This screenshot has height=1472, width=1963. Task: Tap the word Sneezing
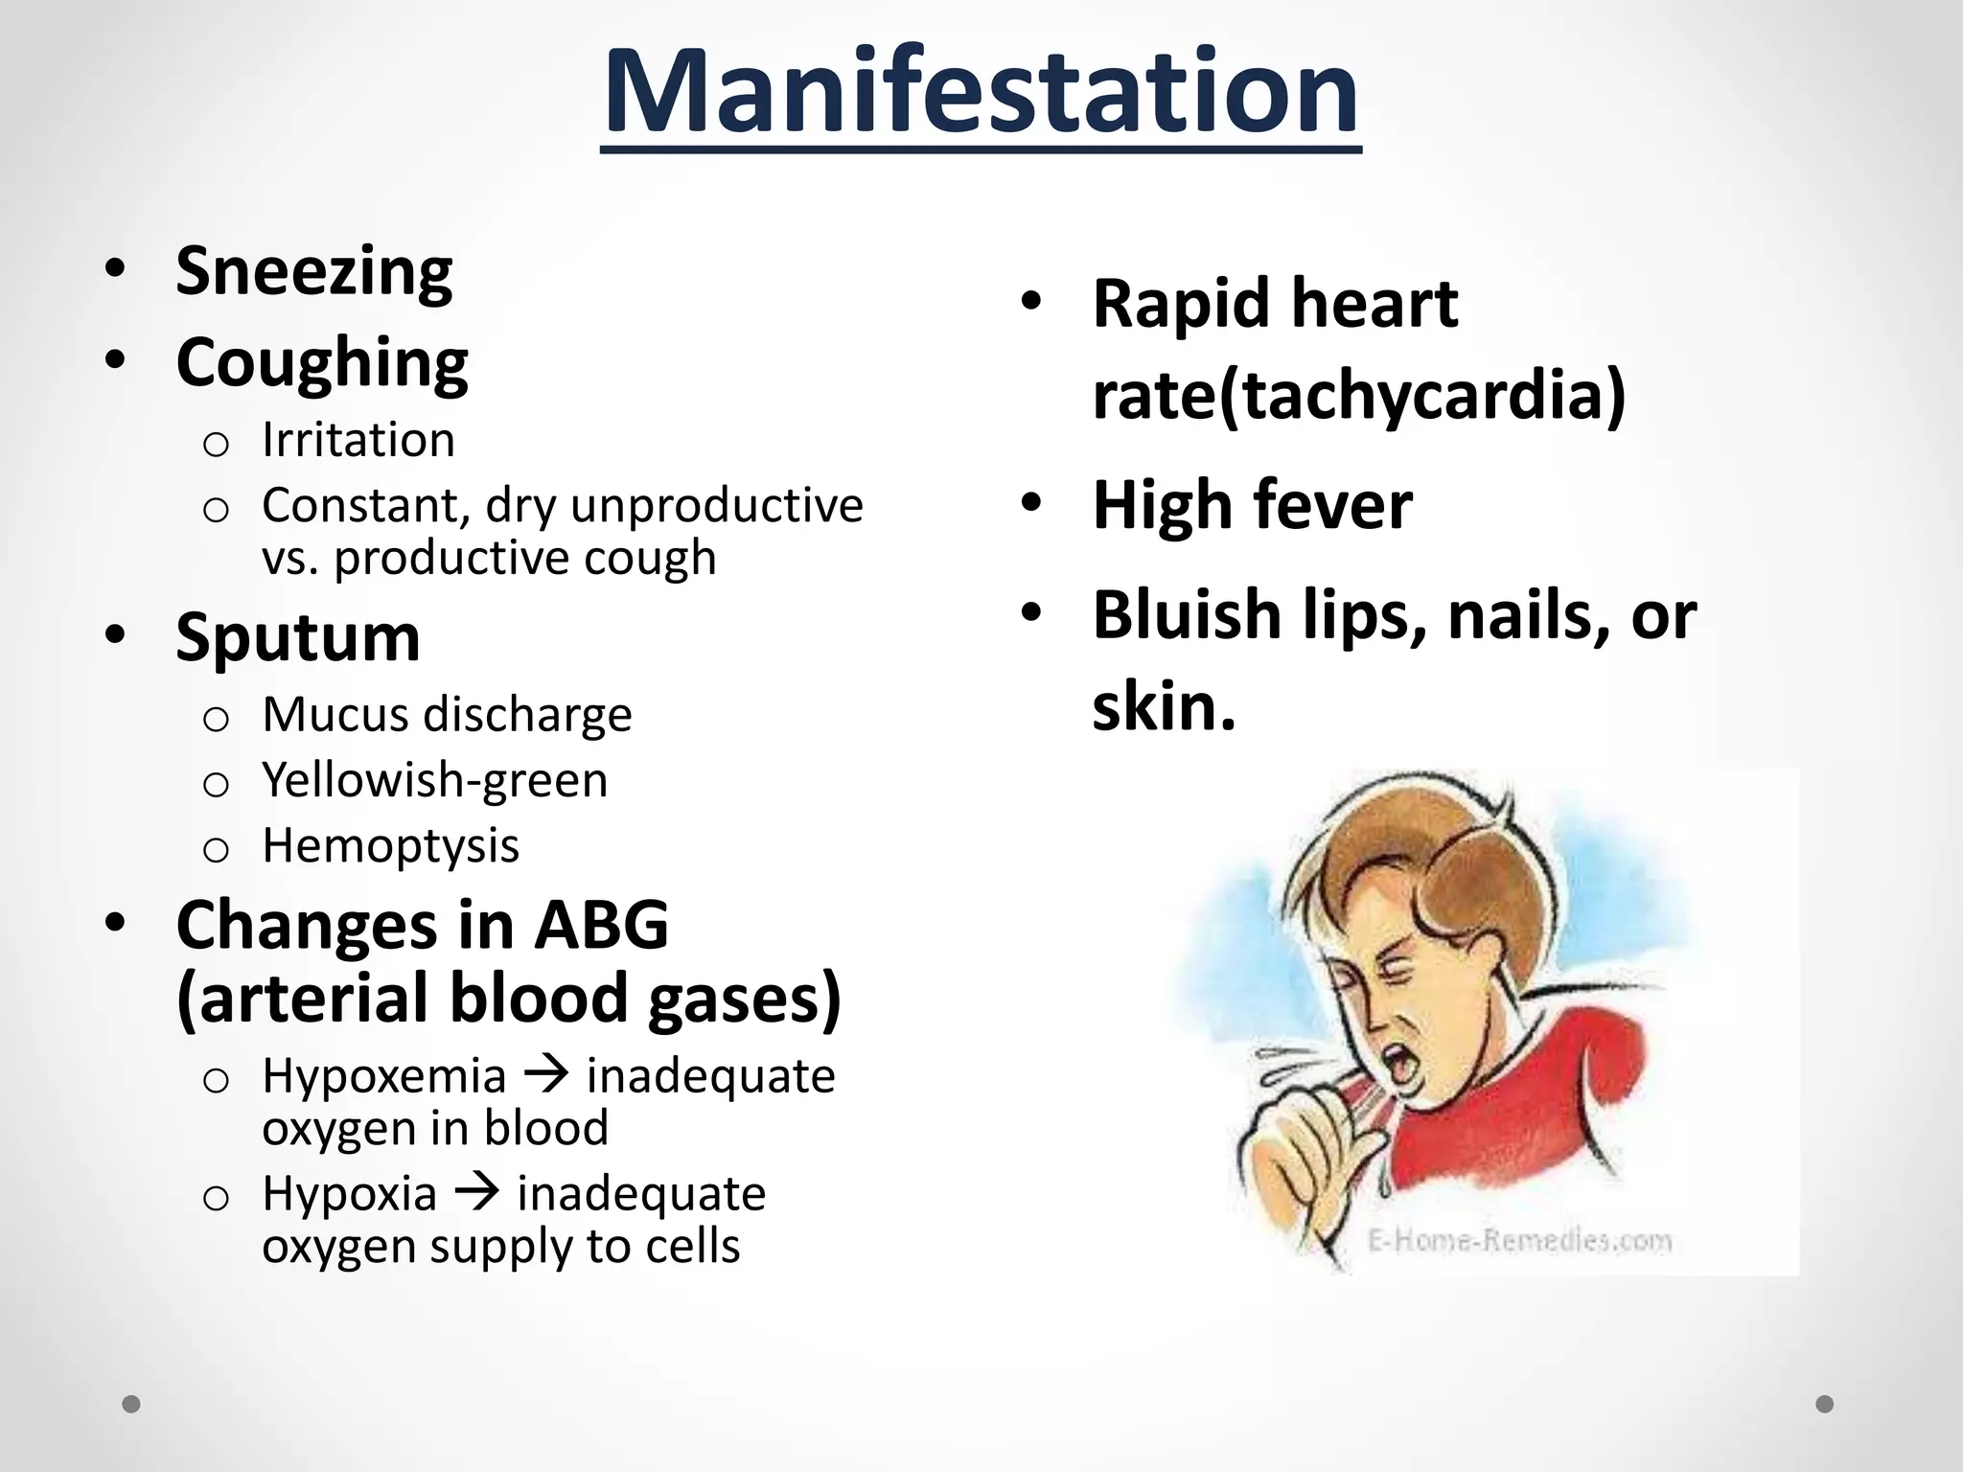(x=313, y=272)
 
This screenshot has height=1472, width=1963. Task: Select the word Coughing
(x=322, y=363)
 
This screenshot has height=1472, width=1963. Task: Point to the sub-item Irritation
(x=358, y=441)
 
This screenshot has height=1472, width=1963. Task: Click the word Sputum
(x=298, y=637)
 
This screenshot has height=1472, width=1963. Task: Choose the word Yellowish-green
(x=435, y=780)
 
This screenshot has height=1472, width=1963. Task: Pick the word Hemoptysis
(x=391, y=846)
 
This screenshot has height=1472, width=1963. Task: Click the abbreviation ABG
(x=601, y=925)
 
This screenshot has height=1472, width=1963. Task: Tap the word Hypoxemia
(x=384, y=1076)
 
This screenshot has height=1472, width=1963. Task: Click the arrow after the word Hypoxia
(x=476, y=1193)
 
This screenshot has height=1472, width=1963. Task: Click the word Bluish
(x=1187, y=614)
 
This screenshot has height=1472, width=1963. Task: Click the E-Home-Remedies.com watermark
(x=1518, y=1242)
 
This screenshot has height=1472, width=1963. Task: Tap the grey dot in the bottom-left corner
(x=131, y=1404)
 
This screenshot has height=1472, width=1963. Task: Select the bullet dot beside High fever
(x=1030, y=503)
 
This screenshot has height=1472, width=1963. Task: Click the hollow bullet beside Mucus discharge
(x=216, y=719)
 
